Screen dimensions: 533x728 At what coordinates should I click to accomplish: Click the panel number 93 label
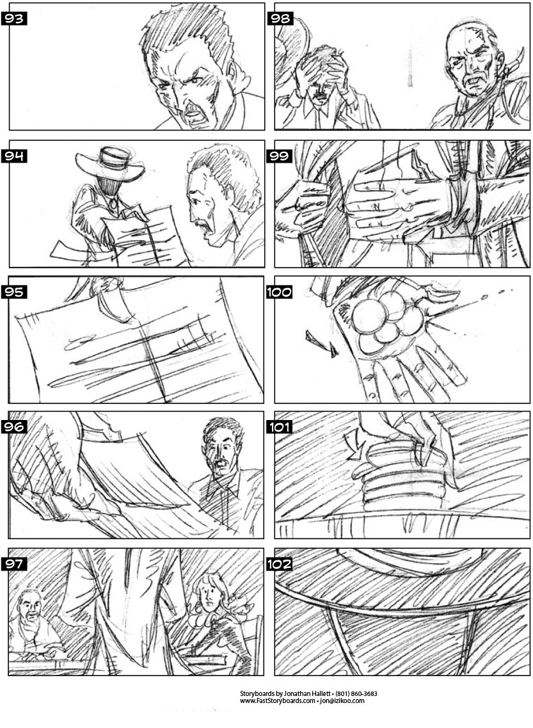[x=14, y=19]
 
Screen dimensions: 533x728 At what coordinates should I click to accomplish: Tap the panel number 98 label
[x=280, y=19]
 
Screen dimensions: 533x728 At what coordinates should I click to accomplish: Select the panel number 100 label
[x=279, y=292]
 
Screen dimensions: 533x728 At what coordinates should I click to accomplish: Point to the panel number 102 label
[x=279, y=564]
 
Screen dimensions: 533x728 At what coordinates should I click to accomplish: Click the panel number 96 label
[x=14, y=426]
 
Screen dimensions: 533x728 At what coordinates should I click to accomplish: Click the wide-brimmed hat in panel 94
[x=110, y=163]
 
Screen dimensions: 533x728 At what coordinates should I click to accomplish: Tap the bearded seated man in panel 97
[x=35, y=624]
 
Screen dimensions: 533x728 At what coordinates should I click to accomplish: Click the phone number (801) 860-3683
[x=356, y=693]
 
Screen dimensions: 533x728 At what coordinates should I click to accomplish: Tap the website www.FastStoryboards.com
[x=278, y=701]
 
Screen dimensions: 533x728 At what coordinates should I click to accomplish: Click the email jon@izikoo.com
[x=342, y=701]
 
